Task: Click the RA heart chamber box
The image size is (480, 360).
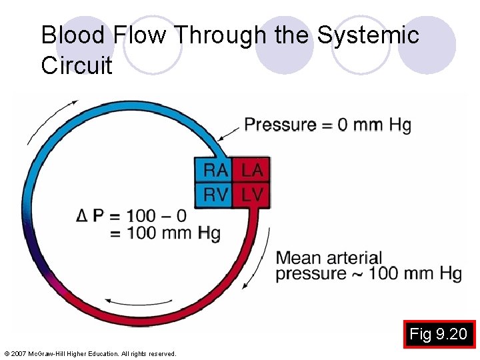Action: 215,170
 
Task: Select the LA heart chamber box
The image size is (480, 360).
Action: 252,170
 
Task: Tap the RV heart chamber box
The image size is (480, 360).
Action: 215,195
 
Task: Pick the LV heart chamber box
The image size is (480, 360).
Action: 252,195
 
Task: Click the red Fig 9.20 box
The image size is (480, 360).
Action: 439,334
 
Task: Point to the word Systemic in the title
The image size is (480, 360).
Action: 367,35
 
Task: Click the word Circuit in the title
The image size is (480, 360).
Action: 77,65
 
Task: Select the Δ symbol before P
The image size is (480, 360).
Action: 82,215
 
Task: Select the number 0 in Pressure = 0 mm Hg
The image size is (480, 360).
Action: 343,125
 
